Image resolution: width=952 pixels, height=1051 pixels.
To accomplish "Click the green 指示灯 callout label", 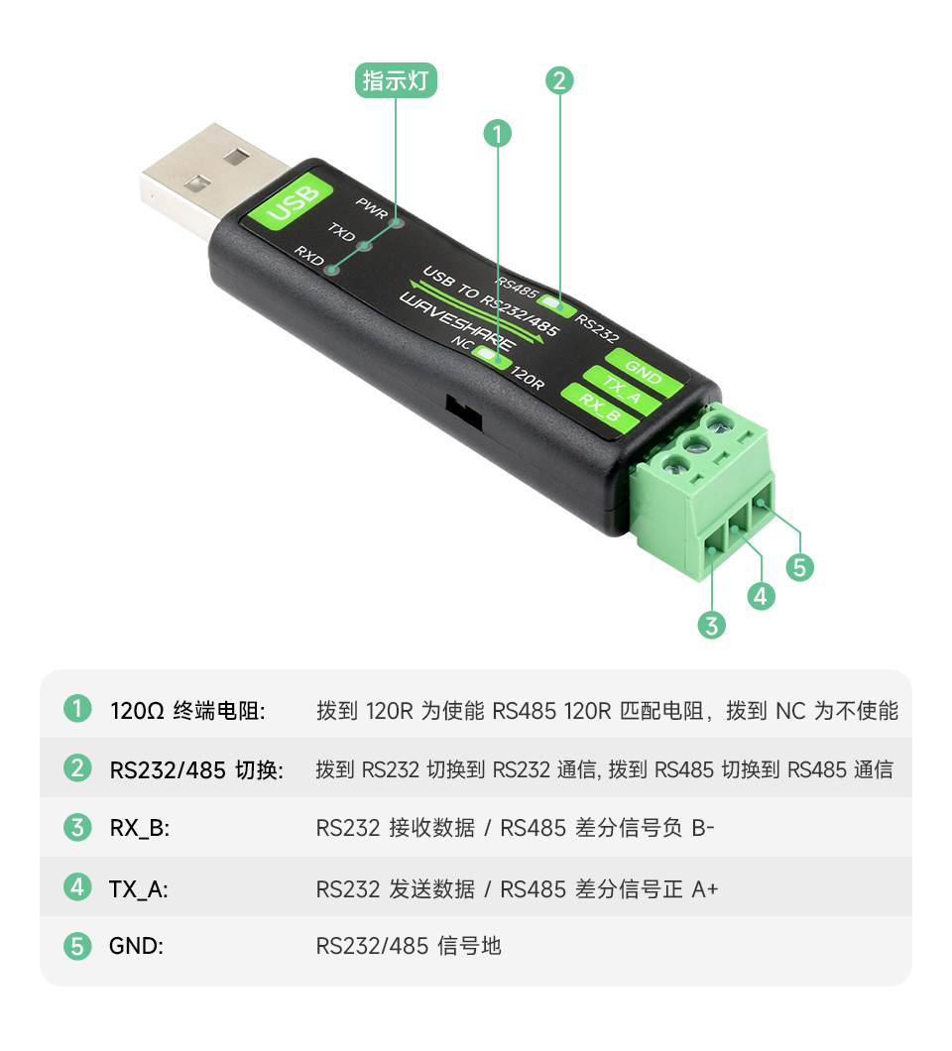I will [397, 81].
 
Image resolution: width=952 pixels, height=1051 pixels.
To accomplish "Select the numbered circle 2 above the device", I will [559, 80].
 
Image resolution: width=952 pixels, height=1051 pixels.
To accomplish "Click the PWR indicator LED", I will [398, 223].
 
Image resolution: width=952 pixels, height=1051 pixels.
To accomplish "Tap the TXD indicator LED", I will [364, 245].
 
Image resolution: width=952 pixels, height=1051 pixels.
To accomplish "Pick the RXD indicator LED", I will [332, 268].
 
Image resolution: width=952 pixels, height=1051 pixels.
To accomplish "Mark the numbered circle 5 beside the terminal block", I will [799, 567].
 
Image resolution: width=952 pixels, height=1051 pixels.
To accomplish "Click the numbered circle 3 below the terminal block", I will [711, 625].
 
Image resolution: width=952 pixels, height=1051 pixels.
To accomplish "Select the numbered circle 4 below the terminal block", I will [760, 596].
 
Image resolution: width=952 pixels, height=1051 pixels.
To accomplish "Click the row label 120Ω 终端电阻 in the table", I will [187, 711].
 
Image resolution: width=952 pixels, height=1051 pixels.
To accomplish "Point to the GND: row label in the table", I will [136, 946].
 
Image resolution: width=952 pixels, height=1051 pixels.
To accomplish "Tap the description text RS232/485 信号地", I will [409, 946].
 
